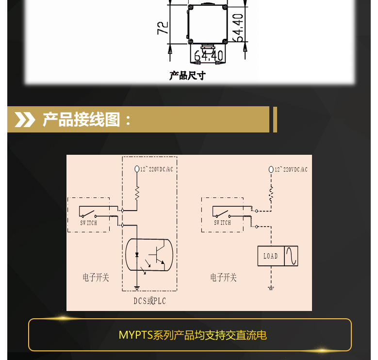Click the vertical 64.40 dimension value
point(237,28)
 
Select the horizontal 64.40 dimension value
point(209,56)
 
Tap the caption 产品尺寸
point(187,76)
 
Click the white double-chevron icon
point(25,119)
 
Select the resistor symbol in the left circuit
point(137,193)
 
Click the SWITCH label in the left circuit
point(88,223)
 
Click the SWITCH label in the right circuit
point(222,223)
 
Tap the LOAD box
point(270,256)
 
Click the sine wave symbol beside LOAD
point(291,256)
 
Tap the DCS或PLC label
point(150,301)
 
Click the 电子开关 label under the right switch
point(223,278)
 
